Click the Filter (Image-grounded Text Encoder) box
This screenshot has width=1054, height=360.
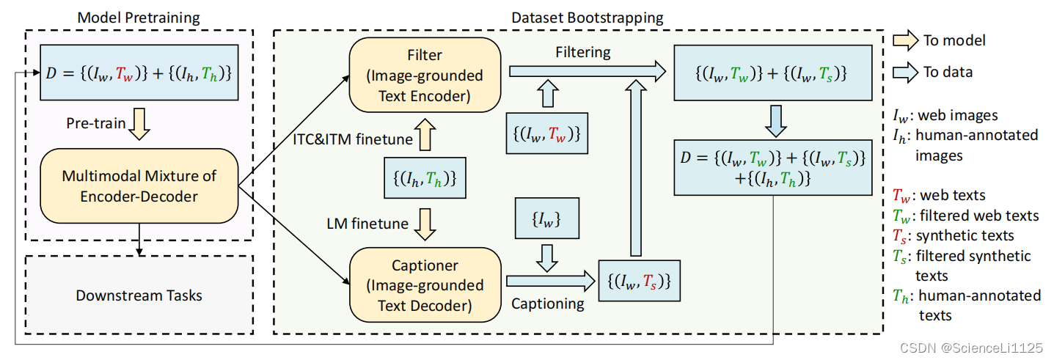coord(425,76)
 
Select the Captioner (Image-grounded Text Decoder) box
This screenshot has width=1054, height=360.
coord(425,285)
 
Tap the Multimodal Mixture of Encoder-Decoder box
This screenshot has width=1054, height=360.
coord(139,186)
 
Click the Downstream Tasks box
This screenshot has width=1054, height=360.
coord(139,295)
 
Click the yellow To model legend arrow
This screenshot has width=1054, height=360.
coord(906,41)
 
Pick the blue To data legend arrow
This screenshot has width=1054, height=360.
coord(906,73)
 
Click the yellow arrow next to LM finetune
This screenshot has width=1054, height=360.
coord(425,224)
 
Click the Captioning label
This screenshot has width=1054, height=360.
coord(548,303)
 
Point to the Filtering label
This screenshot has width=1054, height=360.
coord(583,53)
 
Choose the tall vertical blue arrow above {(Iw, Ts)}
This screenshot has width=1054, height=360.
coord(635,172)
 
